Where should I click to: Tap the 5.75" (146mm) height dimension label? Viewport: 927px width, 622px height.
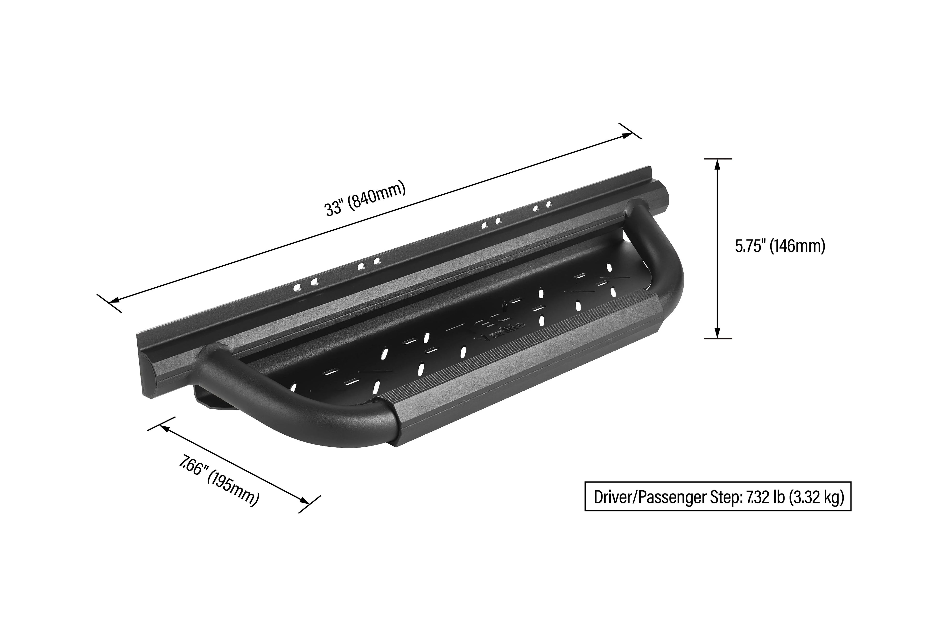point(780,246)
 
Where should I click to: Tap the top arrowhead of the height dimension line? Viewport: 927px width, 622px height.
point(717,163)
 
